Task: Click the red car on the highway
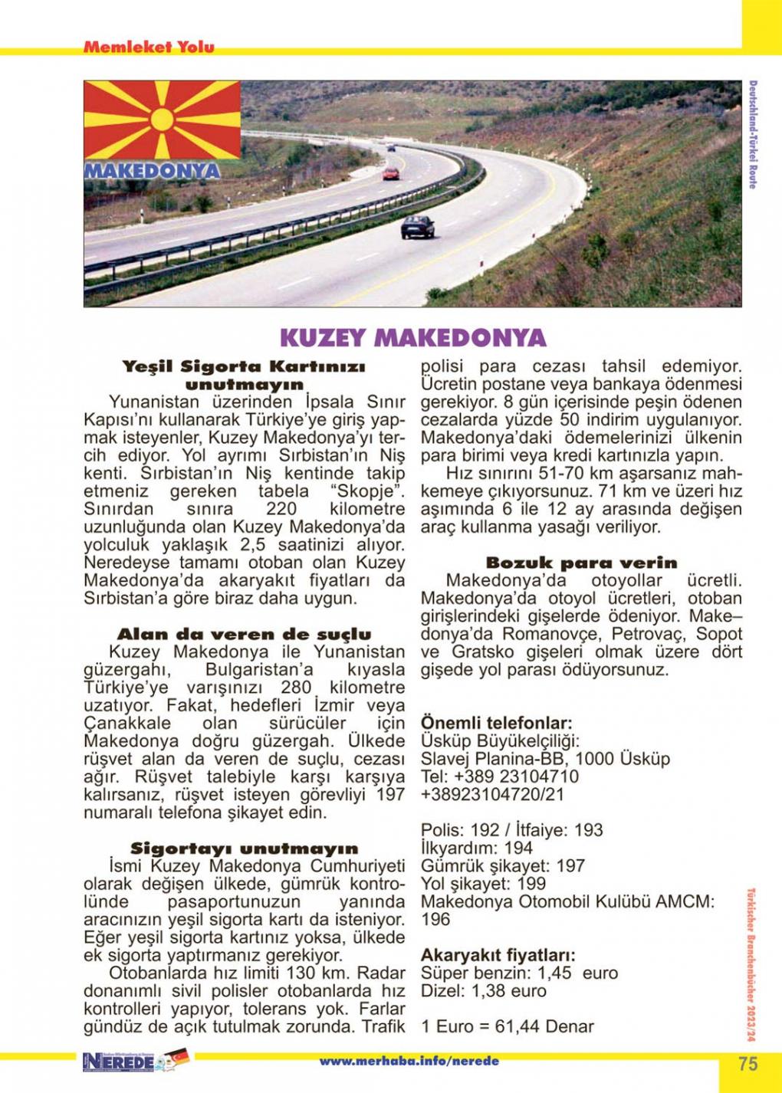391,173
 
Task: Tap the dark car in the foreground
417,226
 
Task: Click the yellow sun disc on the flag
163,120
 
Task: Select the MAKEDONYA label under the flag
152,170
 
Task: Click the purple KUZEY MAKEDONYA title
412,338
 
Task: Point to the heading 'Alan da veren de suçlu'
244,635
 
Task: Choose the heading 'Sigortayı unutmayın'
244,848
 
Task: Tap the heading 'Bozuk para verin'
581,563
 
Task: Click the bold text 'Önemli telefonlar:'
496,723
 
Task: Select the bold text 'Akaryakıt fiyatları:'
498,955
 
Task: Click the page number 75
748,1064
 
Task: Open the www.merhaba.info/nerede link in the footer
409,1062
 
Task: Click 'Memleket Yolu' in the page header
149,47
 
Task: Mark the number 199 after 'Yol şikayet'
531,884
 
